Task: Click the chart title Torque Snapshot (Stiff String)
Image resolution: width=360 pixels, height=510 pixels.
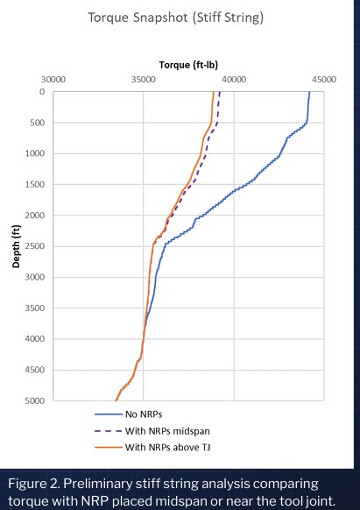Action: (175, 18)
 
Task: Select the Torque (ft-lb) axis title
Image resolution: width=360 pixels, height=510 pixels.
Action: (188, 65)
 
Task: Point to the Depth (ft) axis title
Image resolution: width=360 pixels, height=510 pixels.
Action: (16, 246)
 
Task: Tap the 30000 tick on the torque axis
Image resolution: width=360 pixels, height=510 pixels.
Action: (53, 80)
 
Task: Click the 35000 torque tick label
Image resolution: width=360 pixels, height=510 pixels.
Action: (144, 80)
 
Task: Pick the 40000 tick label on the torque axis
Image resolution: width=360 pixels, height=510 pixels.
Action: (234, 80)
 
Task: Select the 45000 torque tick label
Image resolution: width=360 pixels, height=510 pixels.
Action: (324, 80)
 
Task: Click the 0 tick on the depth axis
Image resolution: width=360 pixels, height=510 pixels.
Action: (42, 92)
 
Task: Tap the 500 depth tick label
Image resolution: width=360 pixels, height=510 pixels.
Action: (38, 123)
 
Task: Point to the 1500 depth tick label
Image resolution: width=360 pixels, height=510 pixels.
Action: (35, 184)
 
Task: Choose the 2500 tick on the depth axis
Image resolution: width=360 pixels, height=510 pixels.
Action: (35, 246)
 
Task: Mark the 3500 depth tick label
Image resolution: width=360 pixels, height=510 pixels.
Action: (35, 308)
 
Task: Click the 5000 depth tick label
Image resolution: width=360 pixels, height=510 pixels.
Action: (35, 400)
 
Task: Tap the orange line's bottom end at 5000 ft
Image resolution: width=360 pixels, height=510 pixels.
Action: (116, 400)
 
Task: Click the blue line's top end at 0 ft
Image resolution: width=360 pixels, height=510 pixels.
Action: (309, 92)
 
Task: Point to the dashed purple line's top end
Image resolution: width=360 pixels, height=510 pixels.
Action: (220, 92)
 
